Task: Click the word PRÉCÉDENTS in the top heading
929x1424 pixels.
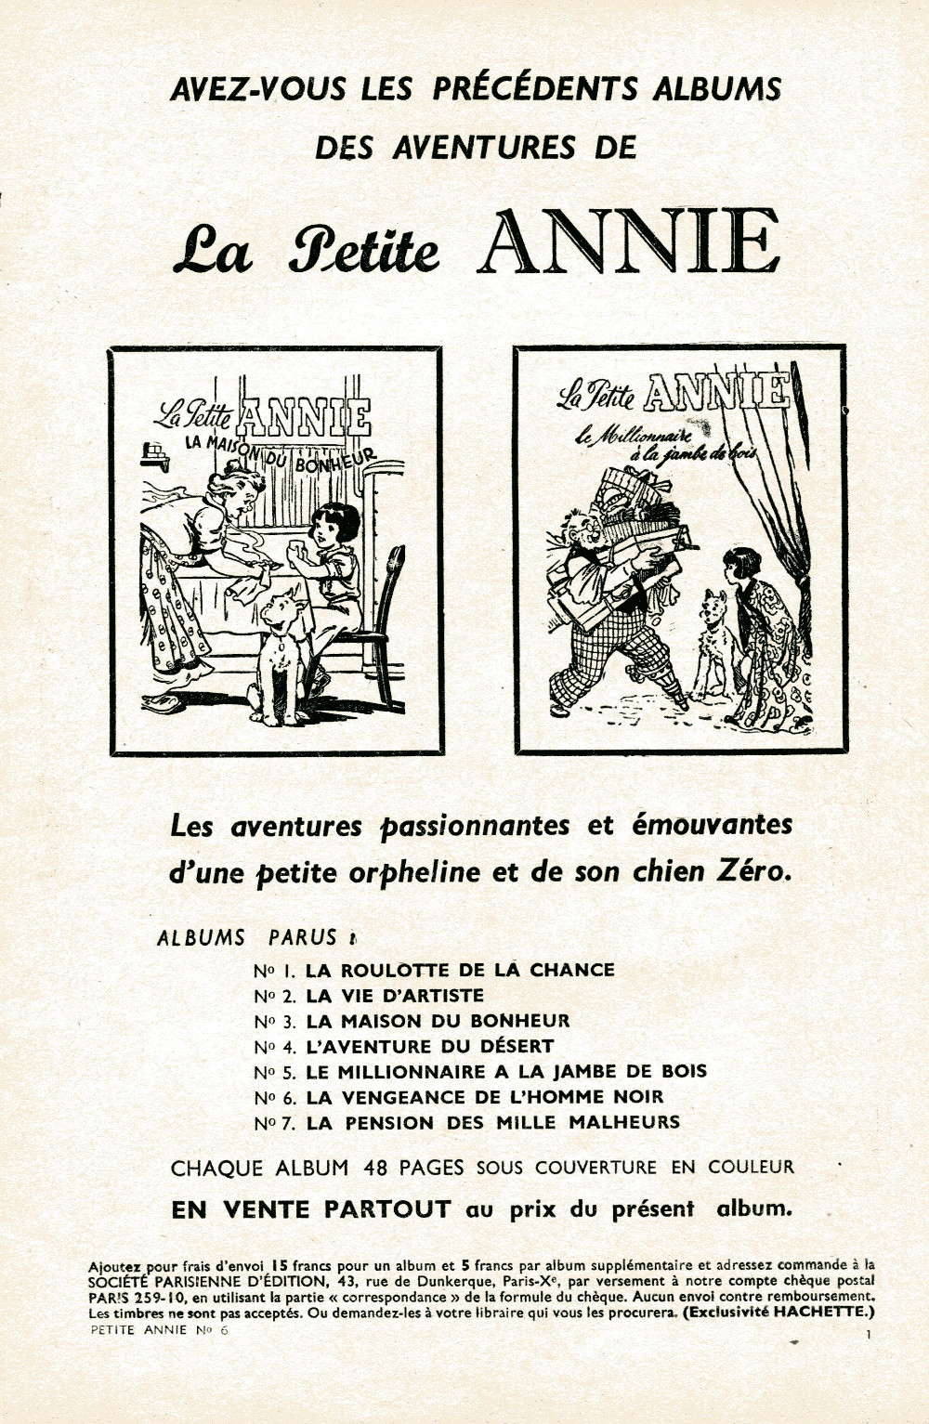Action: [x=535, y=88]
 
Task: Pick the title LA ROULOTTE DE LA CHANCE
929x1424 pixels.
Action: [x=460, y=970]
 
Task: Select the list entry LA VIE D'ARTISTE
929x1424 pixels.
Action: [x=395, y=995]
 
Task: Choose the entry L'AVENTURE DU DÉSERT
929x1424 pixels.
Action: [x=429, y=1046]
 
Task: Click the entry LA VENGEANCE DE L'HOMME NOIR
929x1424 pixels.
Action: [x=484, y=1097]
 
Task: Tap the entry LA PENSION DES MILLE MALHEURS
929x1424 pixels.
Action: [x=492, y=1122]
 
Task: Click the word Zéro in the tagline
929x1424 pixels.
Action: [x=751, y=871]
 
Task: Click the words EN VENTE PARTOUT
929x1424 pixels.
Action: [x=311, y=1209]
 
